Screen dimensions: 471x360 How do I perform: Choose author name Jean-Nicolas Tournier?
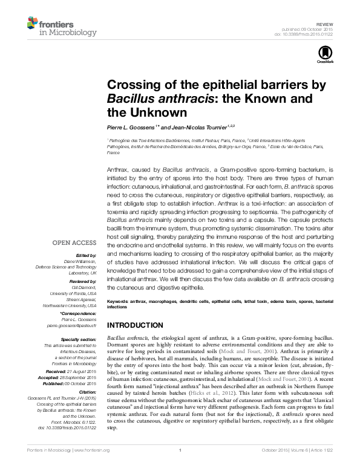click(197, 128)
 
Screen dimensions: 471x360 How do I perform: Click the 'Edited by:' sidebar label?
click(85, 256)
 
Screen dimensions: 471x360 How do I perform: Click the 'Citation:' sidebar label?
click(86, 392)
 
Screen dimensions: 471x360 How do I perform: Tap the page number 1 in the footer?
click(180, 467)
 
